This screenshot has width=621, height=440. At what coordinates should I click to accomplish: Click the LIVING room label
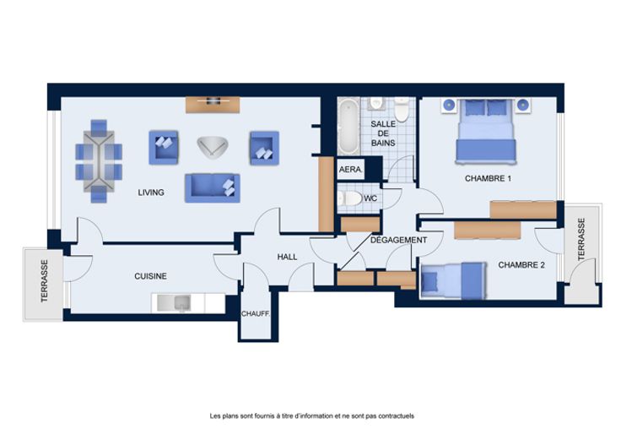coord(151,193)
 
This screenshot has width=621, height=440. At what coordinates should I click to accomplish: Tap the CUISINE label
coord(150,276)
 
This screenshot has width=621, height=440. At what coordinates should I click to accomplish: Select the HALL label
coord(287,257)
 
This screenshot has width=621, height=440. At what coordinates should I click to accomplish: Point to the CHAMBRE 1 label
coord(488,178)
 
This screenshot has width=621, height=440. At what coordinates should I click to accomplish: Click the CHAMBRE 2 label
coord(521,265)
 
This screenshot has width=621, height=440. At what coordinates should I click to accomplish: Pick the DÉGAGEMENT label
coord(398,240)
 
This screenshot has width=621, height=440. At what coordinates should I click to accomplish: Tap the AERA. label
coord(350,170)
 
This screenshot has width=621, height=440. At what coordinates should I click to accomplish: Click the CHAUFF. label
coord(256,314)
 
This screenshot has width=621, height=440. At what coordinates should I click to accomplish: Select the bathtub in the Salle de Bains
coord(348,127)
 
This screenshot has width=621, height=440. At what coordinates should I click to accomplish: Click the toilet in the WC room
coord(349,198)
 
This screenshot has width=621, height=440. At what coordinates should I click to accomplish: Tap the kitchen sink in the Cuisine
coord(175,303)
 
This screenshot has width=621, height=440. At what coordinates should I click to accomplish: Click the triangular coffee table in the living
coord(213,147)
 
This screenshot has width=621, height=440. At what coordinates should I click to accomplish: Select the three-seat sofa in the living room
coord(213,187)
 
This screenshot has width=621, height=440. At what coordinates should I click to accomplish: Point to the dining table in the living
coord(99,161)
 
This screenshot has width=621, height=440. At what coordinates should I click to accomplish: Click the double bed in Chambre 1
coord(486,131)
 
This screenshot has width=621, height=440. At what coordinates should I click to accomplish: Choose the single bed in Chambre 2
coord(453,280)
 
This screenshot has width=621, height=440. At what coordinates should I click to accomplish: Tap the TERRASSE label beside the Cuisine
coord(45,281)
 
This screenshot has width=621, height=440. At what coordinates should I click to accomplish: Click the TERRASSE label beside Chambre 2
coord(581,239)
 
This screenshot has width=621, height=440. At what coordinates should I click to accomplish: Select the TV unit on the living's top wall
coord(213,105)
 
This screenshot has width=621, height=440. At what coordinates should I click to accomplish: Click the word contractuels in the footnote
coord(396,416)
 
